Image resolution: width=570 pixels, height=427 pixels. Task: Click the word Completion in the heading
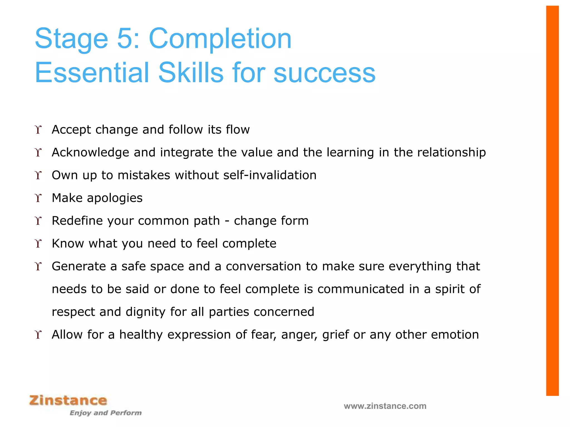click(x=220, y=39)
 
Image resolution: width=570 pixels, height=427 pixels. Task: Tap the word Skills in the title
click(x=191, y=73)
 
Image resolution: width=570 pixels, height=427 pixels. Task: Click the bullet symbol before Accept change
click(x=38, y=130)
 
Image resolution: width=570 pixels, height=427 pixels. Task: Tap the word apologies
click(x=115, y=198)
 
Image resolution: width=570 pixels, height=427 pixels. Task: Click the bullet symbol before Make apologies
click(x=38, y=198)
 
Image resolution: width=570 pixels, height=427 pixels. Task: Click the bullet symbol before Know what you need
click(x=38, y=244)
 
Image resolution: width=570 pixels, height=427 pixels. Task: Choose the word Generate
click(x=79, y=266)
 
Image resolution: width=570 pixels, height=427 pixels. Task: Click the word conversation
click(x=263, y=266)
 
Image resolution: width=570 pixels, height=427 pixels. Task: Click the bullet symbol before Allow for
click(x=38, y=335)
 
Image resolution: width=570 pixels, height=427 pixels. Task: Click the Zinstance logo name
click(x=68, y=400)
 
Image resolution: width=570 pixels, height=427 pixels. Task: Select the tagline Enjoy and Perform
click(x=105, y=413)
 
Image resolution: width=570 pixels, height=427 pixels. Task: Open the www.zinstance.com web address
click(x=385, y=406)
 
